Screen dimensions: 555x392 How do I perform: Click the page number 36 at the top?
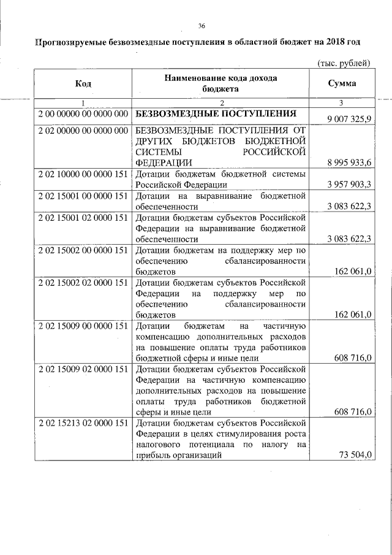coord(202,25)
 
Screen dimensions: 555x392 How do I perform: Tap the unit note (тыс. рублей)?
coord(344,63)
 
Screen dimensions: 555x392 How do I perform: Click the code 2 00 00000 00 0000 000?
coord(82,114)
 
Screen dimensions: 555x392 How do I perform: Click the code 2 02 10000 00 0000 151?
coord(82,174)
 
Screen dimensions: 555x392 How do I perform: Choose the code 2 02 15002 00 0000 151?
coord(82,250)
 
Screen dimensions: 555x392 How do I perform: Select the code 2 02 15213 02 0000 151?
coord(82,423)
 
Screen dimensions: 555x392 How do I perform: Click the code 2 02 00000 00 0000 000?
coord(82,130)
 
